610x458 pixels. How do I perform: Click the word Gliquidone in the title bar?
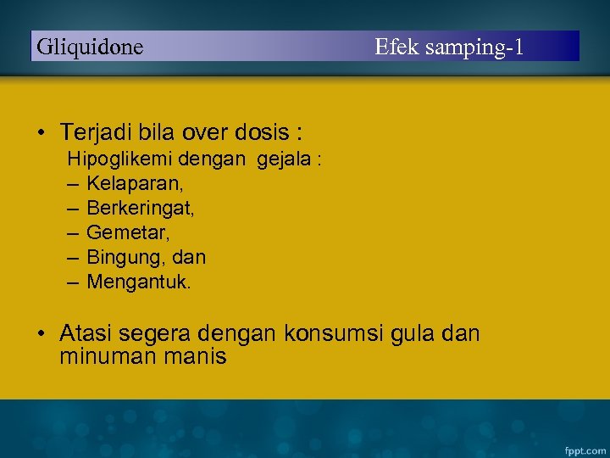(x=90, y=47)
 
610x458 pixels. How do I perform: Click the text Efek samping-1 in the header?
(x=449, y=47)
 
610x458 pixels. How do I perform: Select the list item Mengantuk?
(x=139, y=281)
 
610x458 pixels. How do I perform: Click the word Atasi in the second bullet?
(x=87, y=334)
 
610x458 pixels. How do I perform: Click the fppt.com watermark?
(x=585, y=447)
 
